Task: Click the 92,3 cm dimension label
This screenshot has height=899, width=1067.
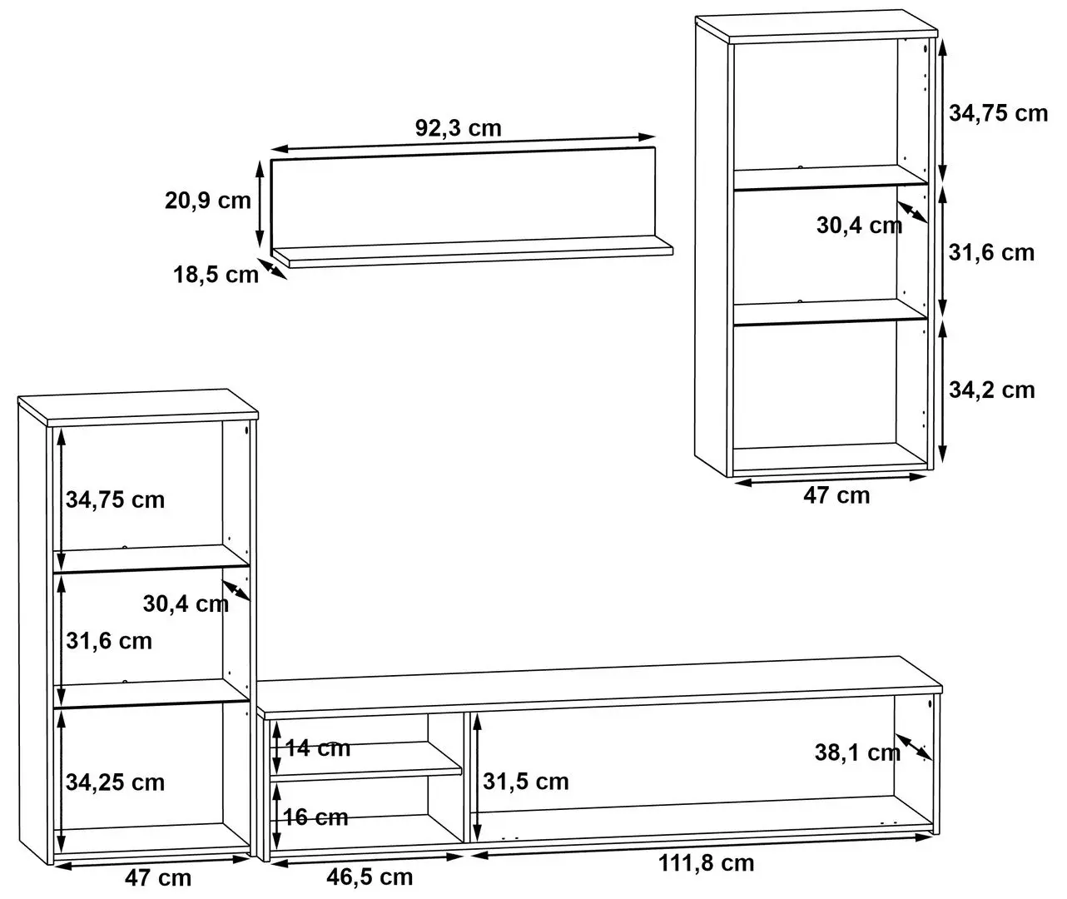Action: click(x=458, y=127)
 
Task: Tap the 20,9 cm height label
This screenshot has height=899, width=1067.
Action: click(x=207, y=201)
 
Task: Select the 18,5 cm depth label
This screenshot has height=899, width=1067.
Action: click(x=216, y=275)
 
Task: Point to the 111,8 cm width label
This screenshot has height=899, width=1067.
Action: click(x=706, y=863)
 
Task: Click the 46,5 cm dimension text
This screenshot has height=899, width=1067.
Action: click(x=370, y=877)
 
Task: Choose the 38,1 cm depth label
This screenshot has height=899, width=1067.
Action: click(x=857, y=752)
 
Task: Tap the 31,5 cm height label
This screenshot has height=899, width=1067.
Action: click(x=526, y=782)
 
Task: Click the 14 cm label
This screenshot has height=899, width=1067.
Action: click(x=318, y=748)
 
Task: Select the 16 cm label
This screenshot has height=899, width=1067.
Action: click(x=315, y=817)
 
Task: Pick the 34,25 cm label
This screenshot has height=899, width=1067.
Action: click(x=115, y=782)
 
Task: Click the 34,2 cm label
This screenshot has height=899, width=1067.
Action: click(x=991, y=390)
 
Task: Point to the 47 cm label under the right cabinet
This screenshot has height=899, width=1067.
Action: click(x=836, y=495)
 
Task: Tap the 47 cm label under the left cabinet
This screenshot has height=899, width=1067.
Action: click(x=158, y=878)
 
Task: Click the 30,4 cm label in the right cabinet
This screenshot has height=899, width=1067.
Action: click(x=859, y=226)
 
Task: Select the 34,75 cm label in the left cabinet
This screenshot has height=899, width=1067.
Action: click(x=115, y=499)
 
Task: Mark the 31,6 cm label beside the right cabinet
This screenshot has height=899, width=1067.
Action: click(x=991, y=252)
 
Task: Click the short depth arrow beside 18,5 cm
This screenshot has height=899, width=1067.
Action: click(x=272, y=269)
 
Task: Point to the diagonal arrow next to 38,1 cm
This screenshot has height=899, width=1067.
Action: click(x=913, y=748)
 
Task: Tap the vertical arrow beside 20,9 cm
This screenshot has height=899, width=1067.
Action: click(x=260, y=204)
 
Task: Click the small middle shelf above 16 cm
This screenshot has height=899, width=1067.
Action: click(x=366, y=761)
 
